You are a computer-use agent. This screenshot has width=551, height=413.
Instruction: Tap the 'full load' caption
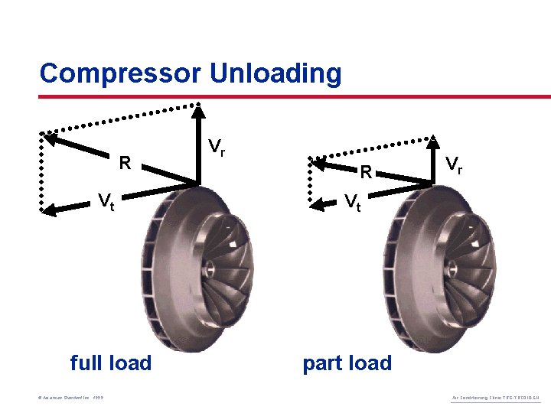111,363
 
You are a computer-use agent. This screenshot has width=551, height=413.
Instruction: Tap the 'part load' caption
347,363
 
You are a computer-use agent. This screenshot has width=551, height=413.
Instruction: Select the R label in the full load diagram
125,163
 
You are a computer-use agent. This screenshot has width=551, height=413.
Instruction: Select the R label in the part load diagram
367,173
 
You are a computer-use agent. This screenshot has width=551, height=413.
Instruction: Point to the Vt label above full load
106,202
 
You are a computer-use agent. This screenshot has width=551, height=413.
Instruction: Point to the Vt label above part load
353,202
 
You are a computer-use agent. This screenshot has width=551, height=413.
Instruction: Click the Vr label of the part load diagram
454,164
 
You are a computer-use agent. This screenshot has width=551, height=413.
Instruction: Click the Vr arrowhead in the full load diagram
198,108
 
